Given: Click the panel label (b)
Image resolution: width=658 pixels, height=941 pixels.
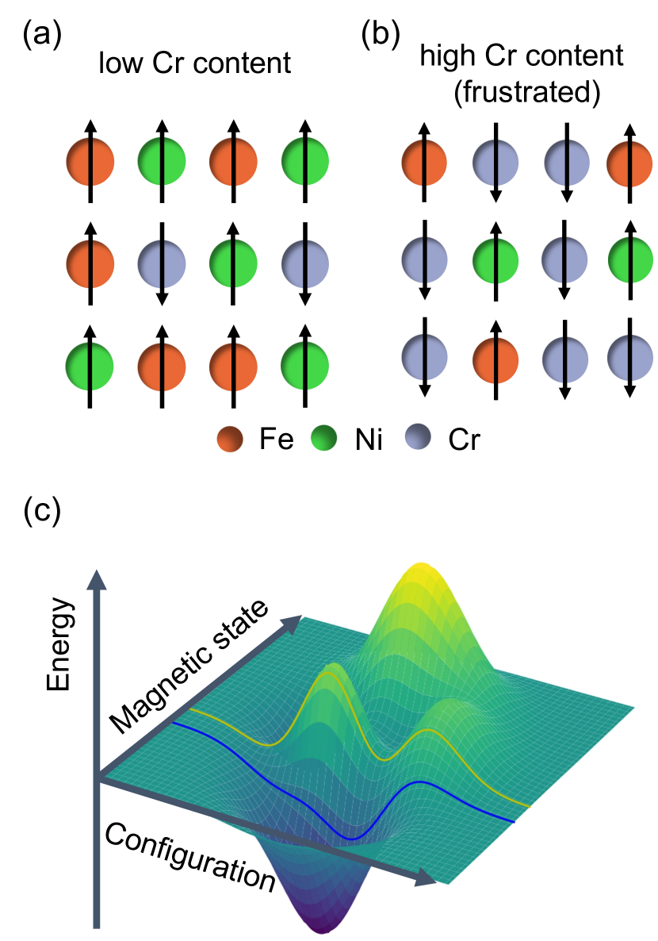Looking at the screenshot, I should pos(380,36).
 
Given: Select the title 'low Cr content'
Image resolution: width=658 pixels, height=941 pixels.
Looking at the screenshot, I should pos(194,63).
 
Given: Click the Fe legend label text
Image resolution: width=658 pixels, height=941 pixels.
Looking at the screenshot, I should pos(277,439).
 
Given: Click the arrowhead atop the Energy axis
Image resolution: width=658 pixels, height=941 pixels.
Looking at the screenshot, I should pos(97,578).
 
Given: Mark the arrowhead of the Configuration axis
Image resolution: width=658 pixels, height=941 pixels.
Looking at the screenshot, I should pos(429,878).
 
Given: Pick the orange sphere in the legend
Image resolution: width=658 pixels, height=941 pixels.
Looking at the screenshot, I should pos(233,439).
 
